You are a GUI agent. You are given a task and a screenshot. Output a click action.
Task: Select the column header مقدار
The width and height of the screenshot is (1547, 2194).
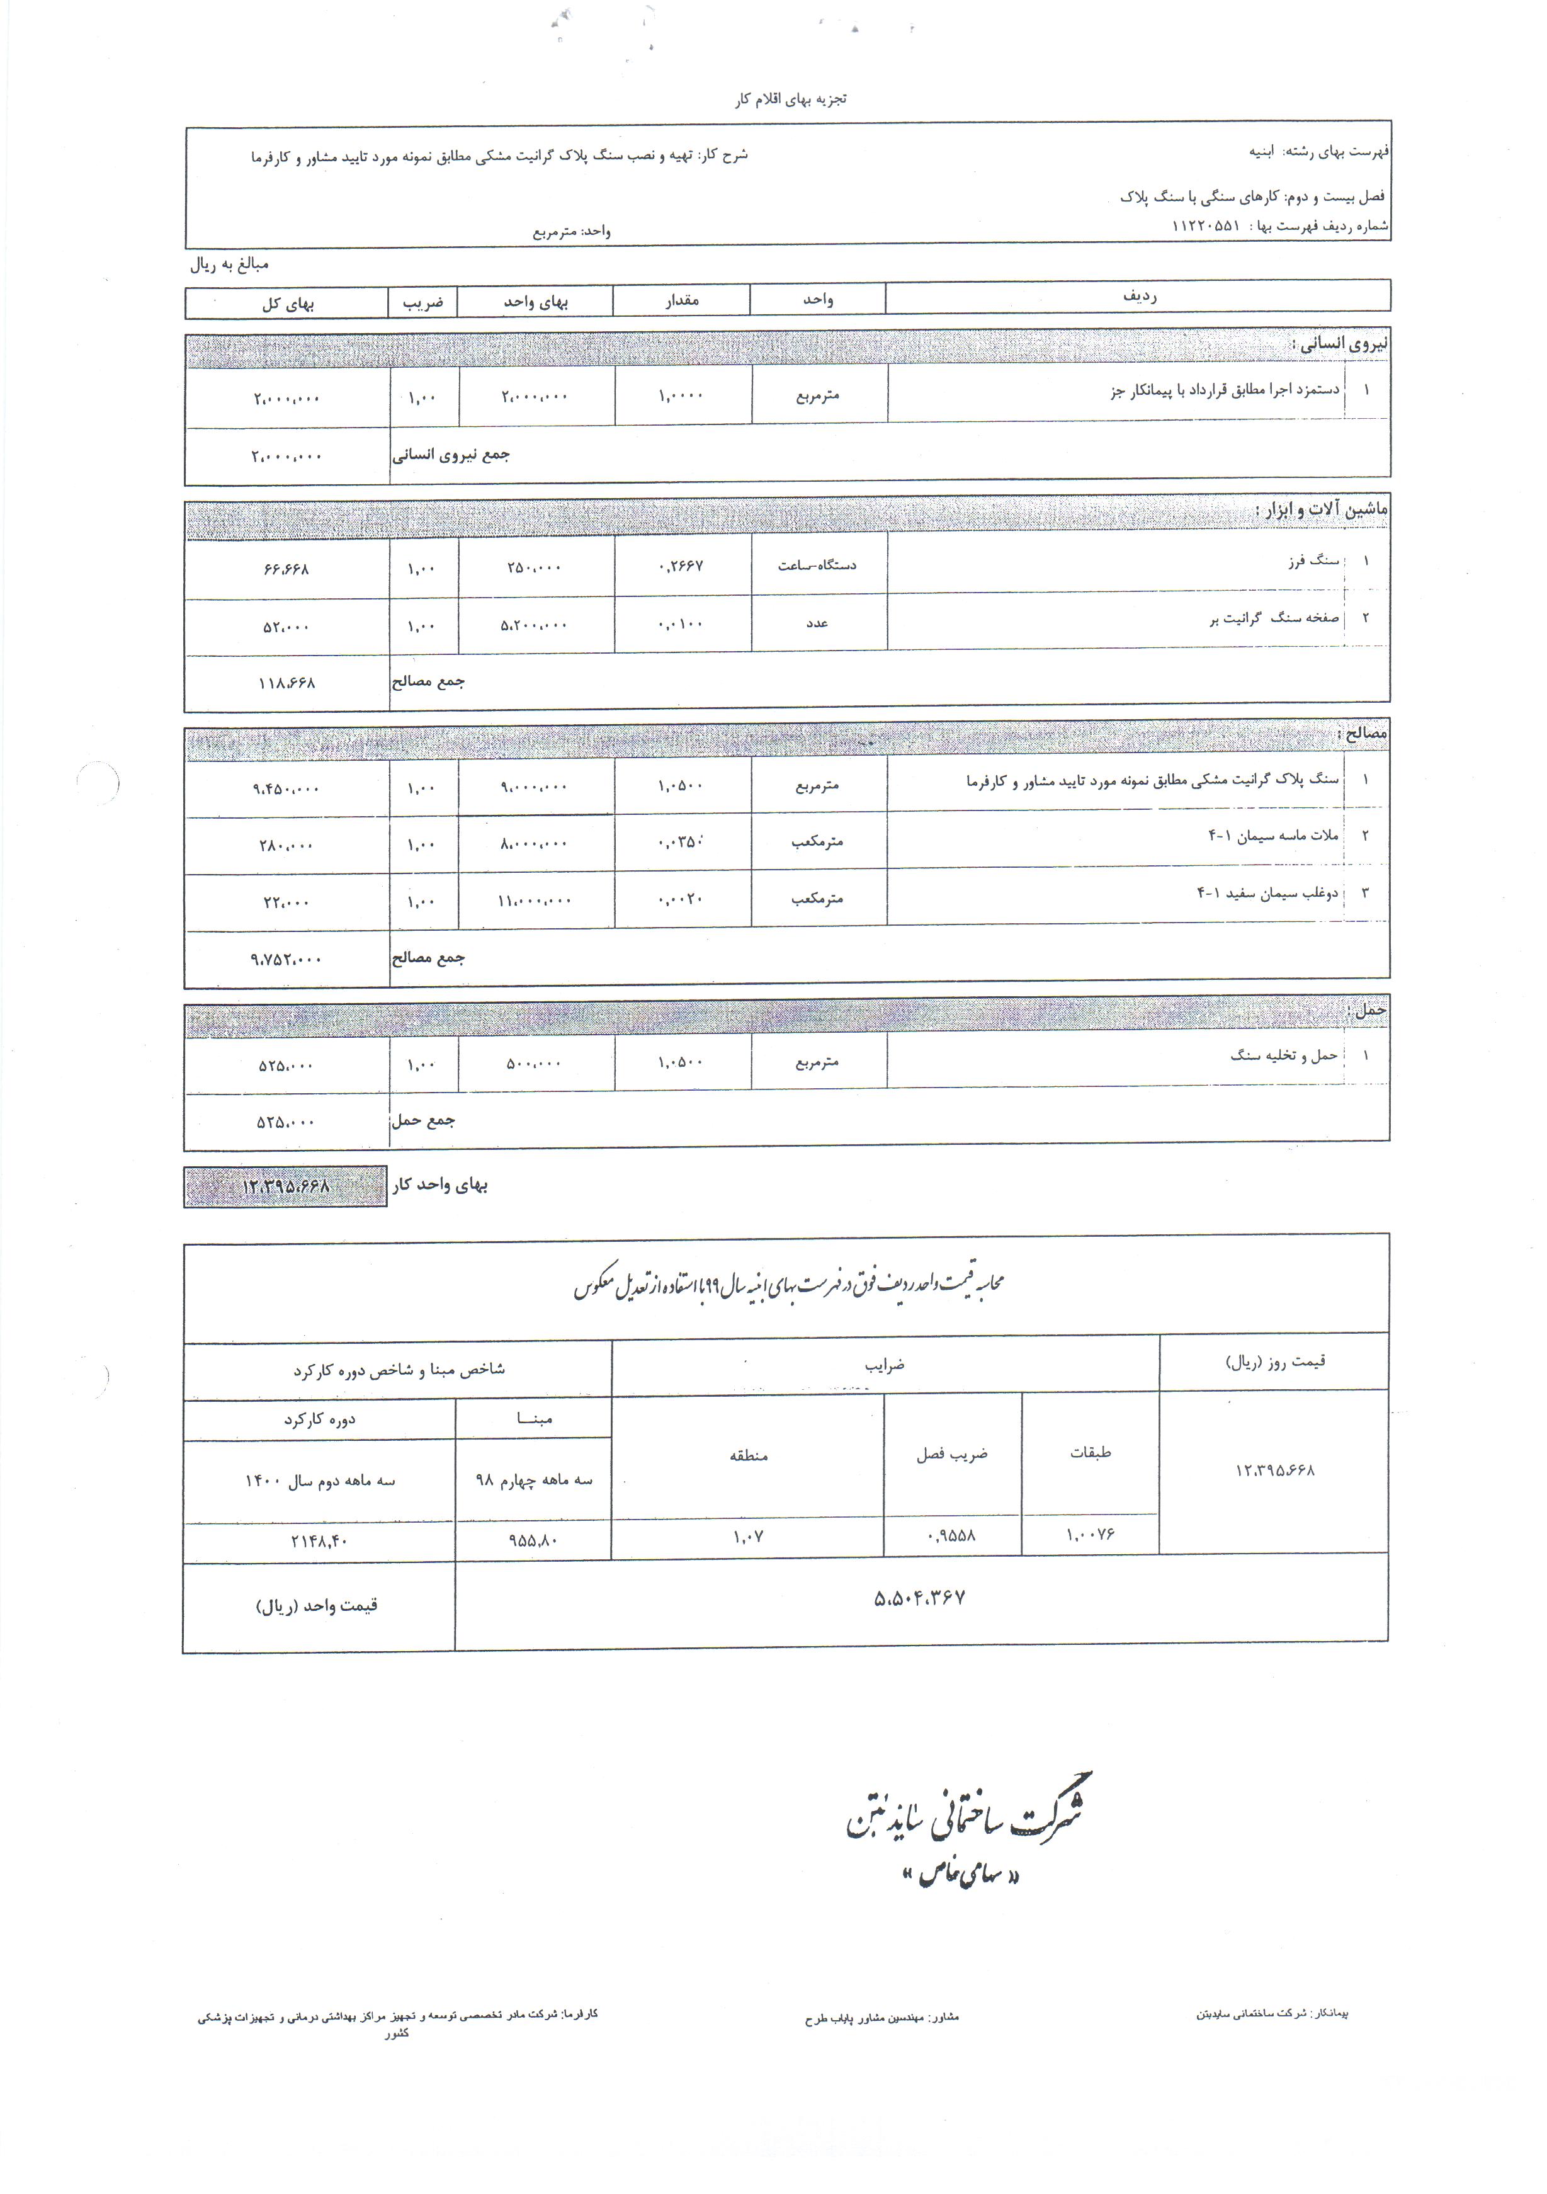tap(683, 300)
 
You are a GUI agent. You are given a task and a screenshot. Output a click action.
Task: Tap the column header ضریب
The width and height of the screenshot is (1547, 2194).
tap(423, 303)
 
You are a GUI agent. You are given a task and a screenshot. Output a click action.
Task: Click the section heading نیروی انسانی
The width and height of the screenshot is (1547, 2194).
tap(1340, 343)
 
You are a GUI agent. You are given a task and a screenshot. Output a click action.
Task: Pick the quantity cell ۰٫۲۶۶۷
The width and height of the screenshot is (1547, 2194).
tap(681, 566)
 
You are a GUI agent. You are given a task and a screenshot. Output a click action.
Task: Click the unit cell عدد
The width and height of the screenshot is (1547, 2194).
tap(817, 623)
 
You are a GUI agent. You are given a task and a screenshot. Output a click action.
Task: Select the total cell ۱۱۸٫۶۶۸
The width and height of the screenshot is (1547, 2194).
tap(286, 683)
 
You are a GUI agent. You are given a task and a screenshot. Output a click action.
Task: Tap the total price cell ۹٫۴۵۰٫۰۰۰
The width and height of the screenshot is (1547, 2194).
tap(286, 789)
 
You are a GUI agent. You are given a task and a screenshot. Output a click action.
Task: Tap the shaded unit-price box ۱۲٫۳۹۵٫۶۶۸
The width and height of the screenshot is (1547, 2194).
tap(286, 1186)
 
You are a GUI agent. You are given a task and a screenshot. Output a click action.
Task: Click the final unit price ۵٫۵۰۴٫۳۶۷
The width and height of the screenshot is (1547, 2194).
tap(919, 1598)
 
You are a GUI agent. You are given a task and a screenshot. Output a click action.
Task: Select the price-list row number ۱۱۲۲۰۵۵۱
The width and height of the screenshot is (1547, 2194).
tap(1205, 227)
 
